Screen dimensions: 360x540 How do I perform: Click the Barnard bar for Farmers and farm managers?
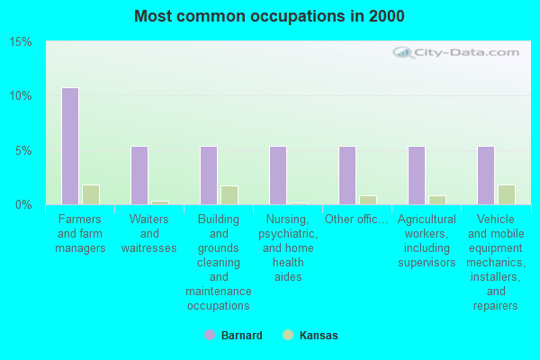click(x=69, y=146)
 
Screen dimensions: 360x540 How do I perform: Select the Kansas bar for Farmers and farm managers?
click(x=90, y=194)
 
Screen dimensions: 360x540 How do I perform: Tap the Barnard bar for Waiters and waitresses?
click(x=139, y=175)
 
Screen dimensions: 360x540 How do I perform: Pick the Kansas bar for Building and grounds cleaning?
click(x=229, y=195)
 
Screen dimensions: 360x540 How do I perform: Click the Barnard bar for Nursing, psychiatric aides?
click(x=277, y=175)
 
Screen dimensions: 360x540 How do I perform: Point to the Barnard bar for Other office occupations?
click(x=346, y=175)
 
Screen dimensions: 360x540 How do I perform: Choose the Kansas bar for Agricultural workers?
click(x=436, y=200)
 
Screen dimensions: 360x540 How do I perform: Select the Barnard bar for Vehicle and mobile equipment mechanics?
click(x=485, y=175)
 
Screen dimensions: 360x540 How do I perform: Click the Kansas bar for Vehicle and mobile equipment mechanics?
click(x=506, y=194)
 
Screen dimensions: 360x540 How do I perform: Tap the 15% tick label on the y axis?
click(x=21, y=42)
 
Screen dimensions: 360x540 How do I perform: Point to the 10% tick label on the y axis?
click(x=21, y=96)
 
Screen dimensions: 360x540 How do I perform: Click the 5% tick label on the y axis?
click(x=23, y=150)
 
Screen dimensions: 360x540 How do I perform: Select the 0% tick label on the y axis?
click(x=23, y=204)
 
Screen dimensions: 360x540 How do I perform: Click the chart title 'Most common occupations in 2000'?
click(x=269, y=16)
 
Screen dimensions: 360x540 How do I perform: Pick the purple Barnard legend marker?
click(x=210, y=336)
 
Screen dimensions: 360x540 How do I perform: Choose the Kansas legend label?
click(x=319, y=336)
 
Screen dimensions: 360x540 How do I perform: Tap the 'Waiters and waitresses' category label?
click(x=150, y=234)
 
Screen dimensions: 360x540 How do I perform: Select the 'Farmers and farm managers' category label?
click(x=81, y=234)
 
